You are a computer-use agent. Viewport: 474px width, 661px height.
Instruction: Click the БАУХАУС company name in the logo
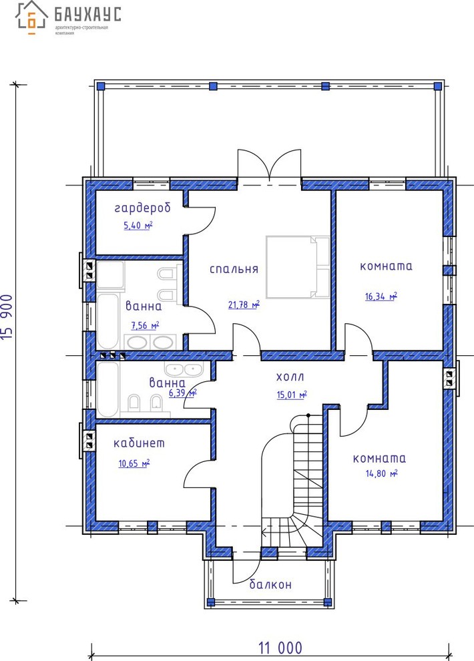[x=87, y=14]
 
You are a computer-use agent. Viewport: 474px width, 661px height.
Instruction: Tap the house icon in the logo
[x=31, y=17]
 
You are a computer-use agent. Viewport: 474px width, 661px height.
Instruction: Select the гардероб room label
[x=143, y=208]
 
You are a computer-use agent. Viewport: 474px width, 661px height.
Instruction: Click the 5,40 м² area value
[x=138, y=226]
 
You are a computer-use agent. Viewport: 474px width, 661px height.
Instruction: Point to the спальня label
[x=234, y=269]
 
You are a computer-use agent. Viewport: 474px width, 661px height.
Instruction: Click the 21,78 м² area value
[x=244, y=304]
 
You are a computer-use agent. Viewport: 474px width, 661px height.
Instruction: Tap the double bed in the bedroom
[x=298, y=267]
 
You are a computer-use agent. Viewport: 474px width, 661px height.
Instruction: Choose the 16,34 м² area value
[x=381, y=296]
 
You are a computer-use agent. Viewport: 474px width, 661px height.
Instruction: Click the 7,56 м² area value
[x=145, y=325]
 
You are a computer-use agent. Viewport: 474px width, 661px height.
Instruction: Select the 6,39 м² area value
[x=182, y=393]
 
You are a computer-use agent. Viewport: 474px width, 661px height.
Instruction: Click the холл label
[x=290, y=377]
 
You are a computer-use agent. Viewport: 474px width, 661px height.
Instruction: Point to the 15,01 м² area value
[x=292, y=395]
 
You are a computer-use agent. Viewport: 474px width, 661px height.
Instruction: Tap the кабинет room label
[x=139, y=443]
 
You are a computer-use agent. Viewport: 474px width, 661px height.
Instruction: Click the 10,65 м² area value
[x=134, y=464]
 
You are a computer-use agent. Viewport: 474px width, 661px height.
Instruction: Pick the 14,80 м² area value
[x=382, y=473]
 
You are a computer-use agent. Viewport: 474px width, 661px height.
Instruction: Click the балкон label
[x=270, y=584]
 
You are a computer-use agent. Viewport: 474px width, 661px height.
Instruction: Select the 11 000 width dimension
[x=280, y=648]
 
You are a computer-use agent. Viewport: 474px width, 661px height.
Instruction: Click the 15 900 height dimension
[x=7, y=317]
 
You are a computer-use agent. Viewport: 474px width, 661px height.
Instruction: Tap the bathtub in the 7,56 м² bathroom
[x=108, y=321]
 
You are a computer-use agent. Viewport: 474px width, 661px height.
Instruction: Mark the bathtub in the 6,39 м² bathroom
[x=108, y=389]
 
